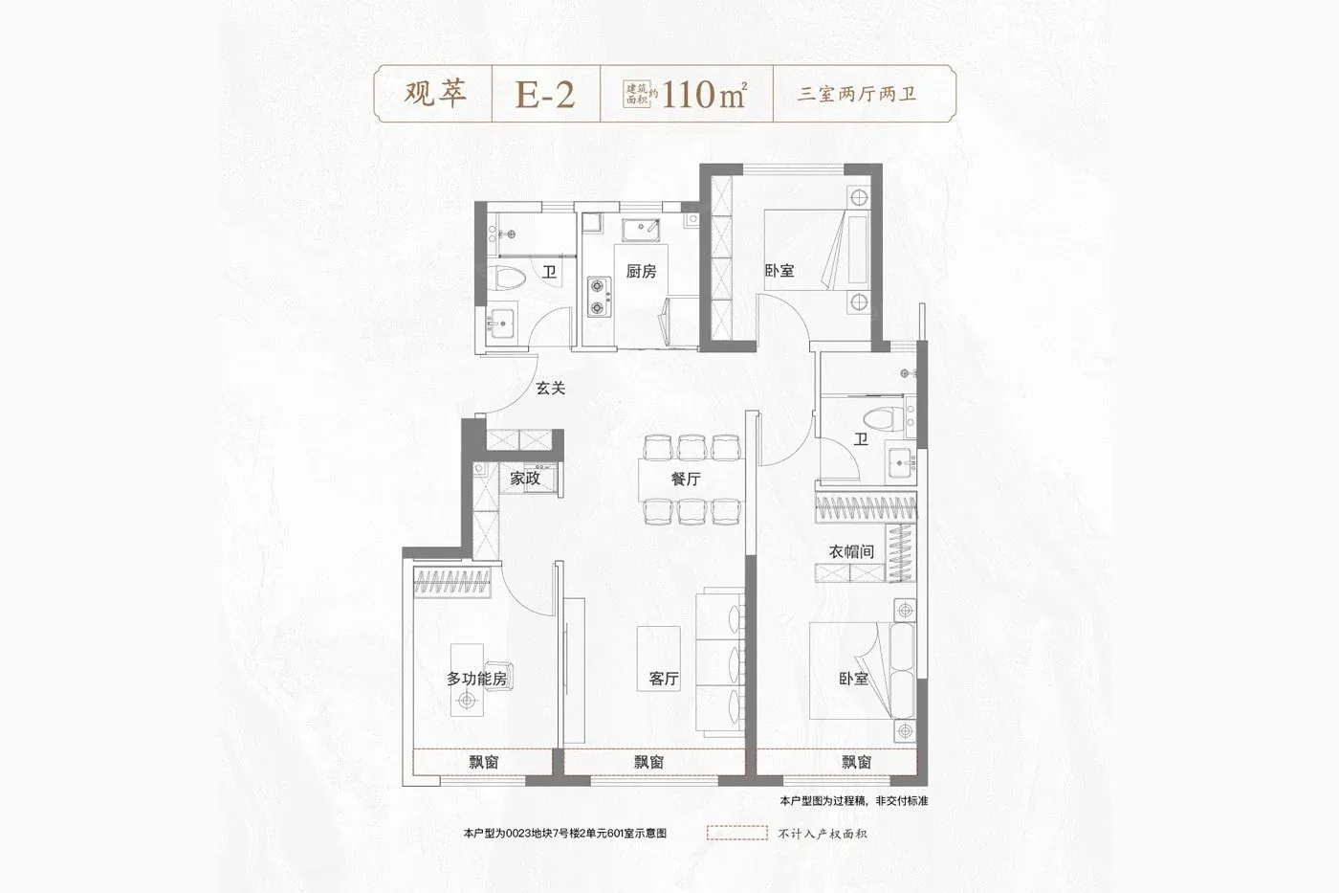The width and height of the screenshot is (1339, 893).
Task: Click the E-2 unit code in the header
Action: [545, 94]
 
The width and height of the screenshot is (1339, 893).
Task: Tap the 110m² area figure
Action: [704, 94]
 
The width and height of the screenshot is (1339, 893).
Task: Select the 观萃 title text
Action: [434, 94]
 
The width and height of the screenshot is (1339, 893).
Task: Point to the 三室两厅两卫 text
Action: [857, 94]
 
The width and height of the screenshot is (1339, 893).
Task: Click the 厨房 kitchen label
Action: [641, 272]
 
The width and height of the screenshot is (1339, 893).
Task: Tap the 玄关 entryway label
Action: [550, 388]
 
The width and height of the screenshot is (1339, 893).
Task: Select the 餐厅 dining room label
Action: [686, 479]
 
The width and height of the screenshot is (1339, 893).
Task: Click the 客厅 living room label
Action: [664, 679]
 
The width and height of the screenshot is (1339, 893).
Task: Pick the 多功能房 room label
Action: [476, 679]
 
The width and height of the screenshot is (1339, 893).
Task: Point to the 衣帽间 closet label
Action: [851, 551]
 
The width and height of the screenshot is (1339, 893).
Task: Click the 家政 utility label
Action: [525, 478]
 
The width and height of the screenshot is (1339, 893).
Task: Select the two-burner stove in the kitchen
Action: [599, 296]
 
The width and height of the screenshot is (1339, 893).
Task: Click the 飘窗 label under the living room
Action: [648, 762]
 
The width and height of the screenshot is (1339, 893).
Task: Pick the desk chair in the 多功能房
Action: [496, 677]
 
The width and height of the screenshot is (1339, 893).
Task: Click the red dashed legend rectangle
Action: [736, 834]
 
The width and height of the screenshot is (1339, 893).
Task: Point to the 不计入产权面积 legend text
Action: [823, 834]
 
